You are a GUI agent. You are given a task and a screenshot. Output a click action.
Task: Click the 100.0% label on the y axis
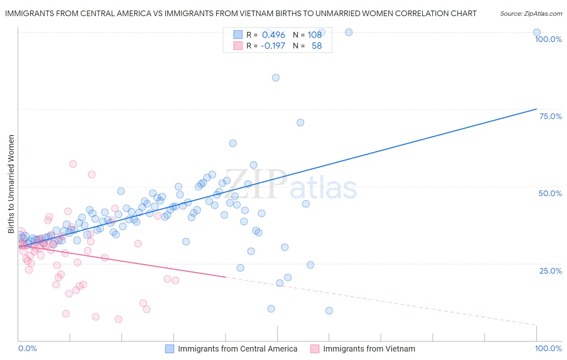point(548,39)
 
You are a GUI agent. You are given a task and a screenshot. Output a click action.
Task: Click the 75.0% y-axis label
point(550,116)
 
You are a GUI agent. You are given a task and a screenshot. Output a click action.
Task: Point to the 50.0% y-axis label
point(550,193)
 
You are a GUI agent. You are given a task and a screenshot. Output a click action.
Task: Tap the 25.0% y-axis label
point(550,270)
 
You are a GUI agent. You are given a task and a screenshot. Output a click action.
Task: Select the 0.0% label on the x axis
point(27,348)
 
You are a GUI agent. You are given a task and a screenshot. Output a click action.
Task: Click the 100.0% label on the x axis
point(548,348)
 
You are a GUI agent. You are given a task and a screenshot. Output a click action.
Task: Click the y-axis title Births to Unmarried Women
point(11,184)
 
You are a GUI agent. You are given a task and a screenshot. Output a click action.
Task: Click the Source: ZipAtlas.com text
point(531,14)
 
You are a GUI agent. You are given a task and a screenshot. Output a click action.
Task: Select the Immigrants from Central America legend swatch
point(169,349)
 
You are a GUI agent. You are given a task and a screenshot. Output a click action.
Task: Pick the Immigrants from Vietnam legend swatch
point(315,349)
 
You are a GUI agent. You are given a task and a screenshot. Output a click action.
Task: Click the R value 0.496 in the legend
point(273,35)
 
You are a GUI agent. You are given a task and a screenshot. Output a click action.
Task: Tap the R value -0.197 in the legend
point(273,46)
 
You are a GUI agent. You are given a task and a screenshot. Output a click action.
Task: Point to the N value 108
point(315,35)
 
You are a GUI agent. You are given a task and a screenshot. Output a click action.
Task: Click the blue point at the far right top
point(536,32)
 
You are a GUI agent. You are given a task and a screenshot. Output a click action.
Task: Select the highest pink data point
point(73,164)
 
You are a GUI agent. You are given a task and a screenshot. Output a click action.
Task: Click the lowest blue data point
point(329,311)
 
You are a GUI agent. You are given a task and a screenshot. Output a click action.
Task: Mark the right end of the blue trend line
point(536,109)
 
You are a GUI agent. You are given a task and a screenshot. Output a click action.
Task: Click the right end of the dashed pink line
point(536,325)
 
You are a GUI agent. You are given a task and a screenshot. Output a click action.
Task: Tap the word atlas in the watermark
point(323,188)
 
